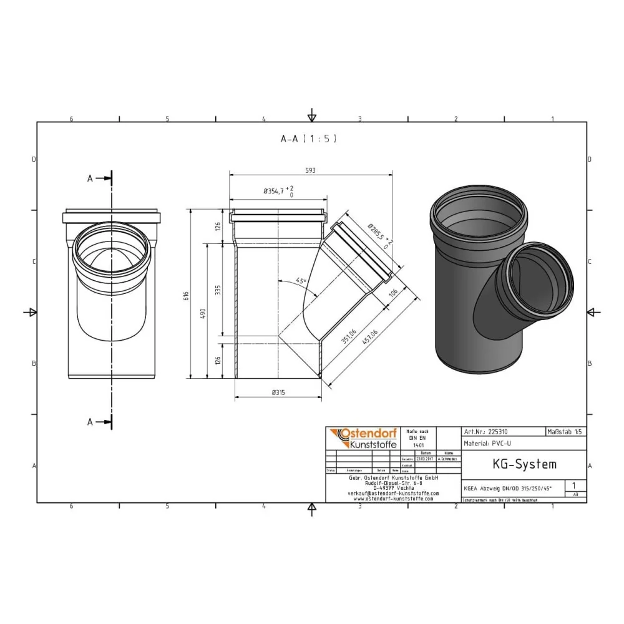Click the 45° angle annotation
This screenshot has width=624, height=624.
301,281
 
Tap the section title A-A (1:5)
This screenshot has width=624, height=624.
308,139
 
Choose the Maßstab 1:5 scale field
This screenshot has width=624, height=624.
565,431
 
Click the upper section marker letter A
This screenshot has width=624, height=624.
90,178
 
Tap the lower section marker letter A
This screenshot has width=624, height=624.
90,422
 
